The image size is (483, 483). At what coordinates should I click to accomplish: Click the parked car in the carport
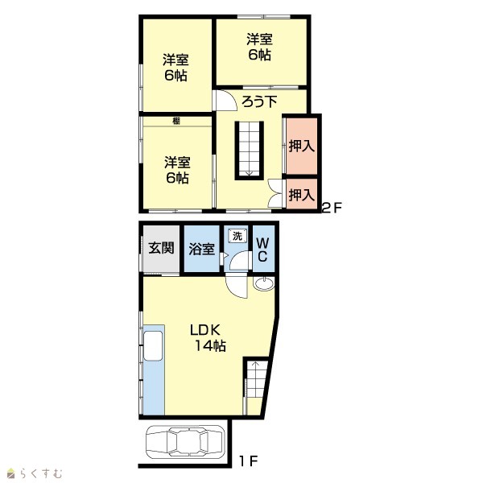click(185, 442)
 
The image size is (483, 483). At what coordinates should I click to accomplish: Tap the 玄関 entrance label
click(161, 248)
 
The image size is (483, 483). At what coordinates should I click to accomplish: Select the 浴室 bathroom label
click(201, 249)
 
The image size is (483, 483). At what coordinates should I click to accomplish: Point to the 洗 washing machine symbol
click(237, 236)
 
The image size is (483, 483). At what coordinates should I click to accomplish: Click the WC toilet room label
click(262, 250)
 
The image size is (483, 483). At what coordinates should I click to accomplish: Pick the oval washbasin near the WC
click(264, 283)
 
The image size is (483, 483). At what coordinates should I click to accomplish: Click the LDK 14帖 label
click(208, 338)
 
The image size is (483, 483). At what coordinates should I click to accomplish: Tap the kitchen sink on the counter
click(153, 345)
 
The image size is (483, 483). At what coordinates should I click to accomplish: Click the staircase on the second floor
click(250, 151)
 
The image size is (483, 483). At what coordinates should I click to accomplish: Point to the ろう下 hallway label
click(259, 101)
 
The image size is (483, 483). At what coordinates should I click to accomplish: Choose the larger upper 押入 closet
click(302, 146)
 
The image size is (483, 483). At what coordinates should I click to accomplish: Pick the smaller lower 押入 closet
click(302, 194)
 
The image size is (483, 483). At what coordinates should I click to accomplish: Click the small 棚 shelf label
click(176, 122)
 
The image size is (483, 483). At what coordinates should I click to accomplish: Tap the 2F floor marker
click(332, 208)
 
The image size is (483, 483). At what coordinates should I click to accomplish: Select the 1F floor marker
click(248, 461)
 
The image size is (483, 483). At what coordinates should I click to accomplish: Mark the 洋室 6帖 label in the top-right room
click(259, 47)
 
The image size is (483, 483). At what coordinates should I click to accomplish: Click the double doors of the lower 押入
click(275, 194)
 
